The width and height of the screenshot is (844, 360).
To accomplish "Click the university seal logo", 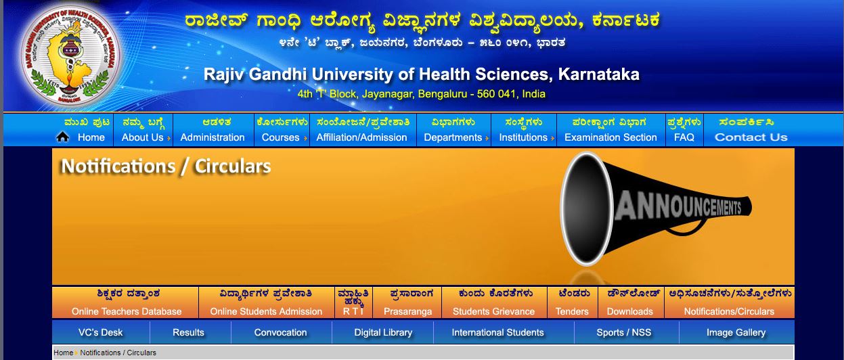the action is [x=70, y=55].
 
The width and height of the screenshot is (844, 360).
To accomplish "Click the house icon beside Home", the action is [x=62, y=137].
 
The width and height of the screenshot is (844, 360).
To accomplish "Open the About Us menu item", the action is [x=142, y=137].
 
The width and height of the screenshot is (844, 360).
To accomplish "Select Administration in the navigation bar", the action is [x=213, y=137].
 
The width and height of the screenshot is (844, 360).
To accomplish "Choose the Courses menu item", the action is [x=281, y=137].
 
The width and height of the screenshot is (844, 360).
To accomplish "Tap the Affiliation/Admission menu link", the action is [x=361, y=137].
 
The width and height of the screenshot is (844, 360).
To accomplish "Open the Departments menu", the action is [x=453, y=137].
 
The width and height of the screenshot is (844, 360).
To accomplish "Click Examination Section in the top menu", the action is [x=610, y=137].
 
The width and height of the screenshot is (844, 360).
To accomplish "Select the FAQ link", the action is [x=684, y=137].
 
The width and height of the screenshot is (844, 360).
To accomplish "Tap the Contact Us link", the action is [x=751, y=137].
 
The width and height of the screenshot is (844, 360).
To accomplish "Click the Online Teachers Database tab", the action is [x=127, y=311].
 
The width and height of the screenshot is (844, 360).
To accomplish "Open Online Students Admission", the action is [x=266, y=311].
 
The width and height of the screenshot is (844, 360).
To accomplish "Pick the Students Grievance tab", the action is [x=493, y=311].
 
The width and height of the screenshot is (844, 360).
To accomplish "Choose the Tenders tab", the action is [x=572, y=311].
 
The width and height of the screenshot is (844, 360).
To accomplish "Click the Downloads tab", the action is [x=629, y=311].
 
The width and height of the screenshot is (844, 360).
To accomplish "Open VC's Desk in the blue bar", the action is [x=100, y=332].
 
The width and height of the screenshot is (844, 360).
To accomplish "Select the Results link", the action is [x=188, y=332].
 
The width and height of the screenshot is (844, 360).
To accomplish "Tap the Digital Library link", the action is [x=383, y=332].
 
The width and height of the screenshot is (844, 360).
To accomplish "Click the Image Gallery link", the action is [x=736, y=332].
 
